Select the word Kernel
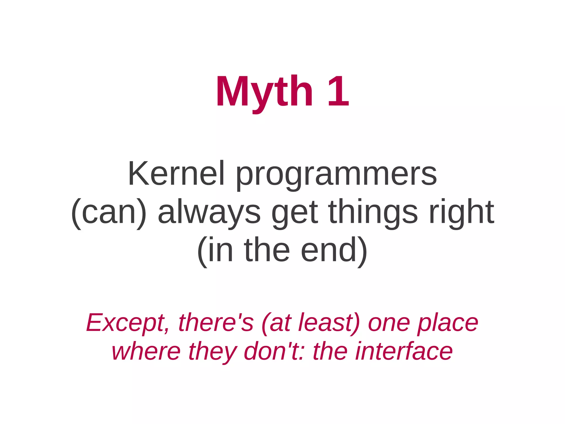[176, 174]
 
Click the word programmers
[336, 175]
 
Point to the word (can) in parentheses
[109, 213]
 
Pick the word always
[209, 213]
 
